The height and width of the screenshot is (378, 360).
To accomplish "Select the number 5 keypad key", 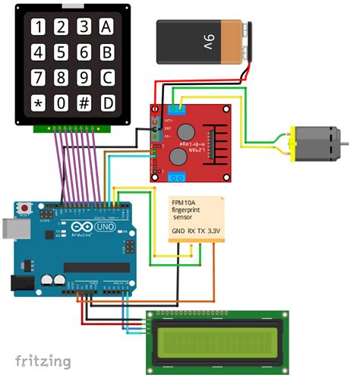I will (x=61, y=52).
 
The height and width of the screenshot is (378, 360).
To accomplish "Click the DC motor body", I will (x=314, y=143).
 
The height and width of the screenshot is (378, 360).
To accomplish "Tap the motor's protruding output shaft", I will (x=344, y=143).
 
